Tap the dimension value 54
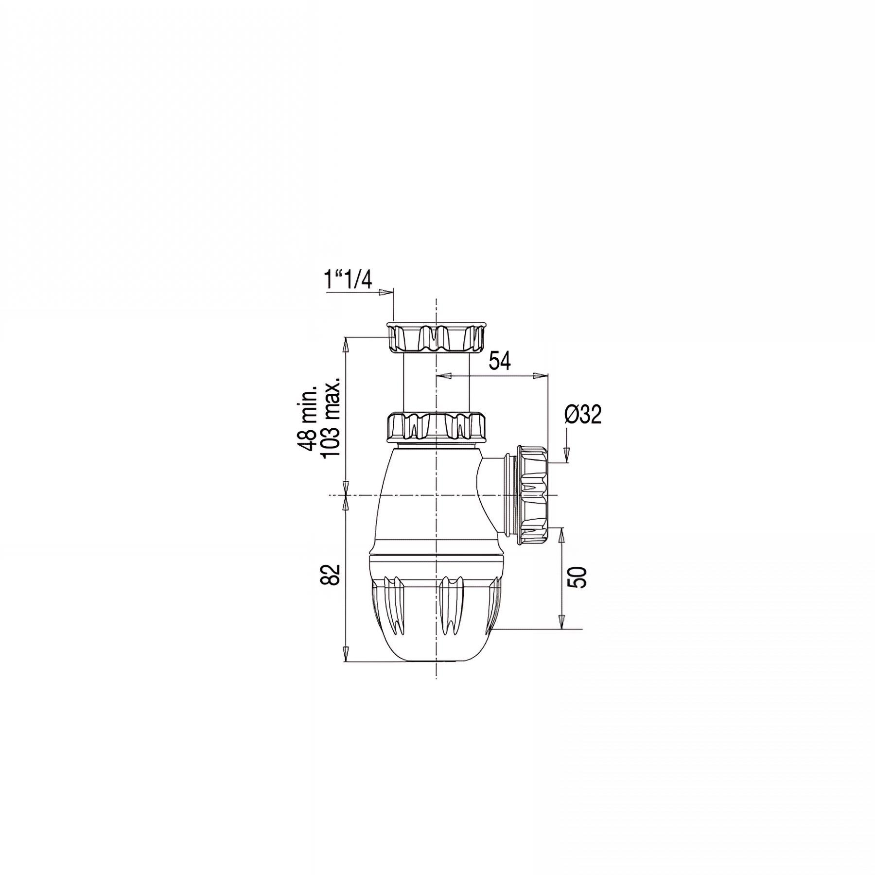(500, 362)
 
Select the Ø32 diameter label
(583, 415)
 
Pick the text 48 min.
(308, 419)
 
